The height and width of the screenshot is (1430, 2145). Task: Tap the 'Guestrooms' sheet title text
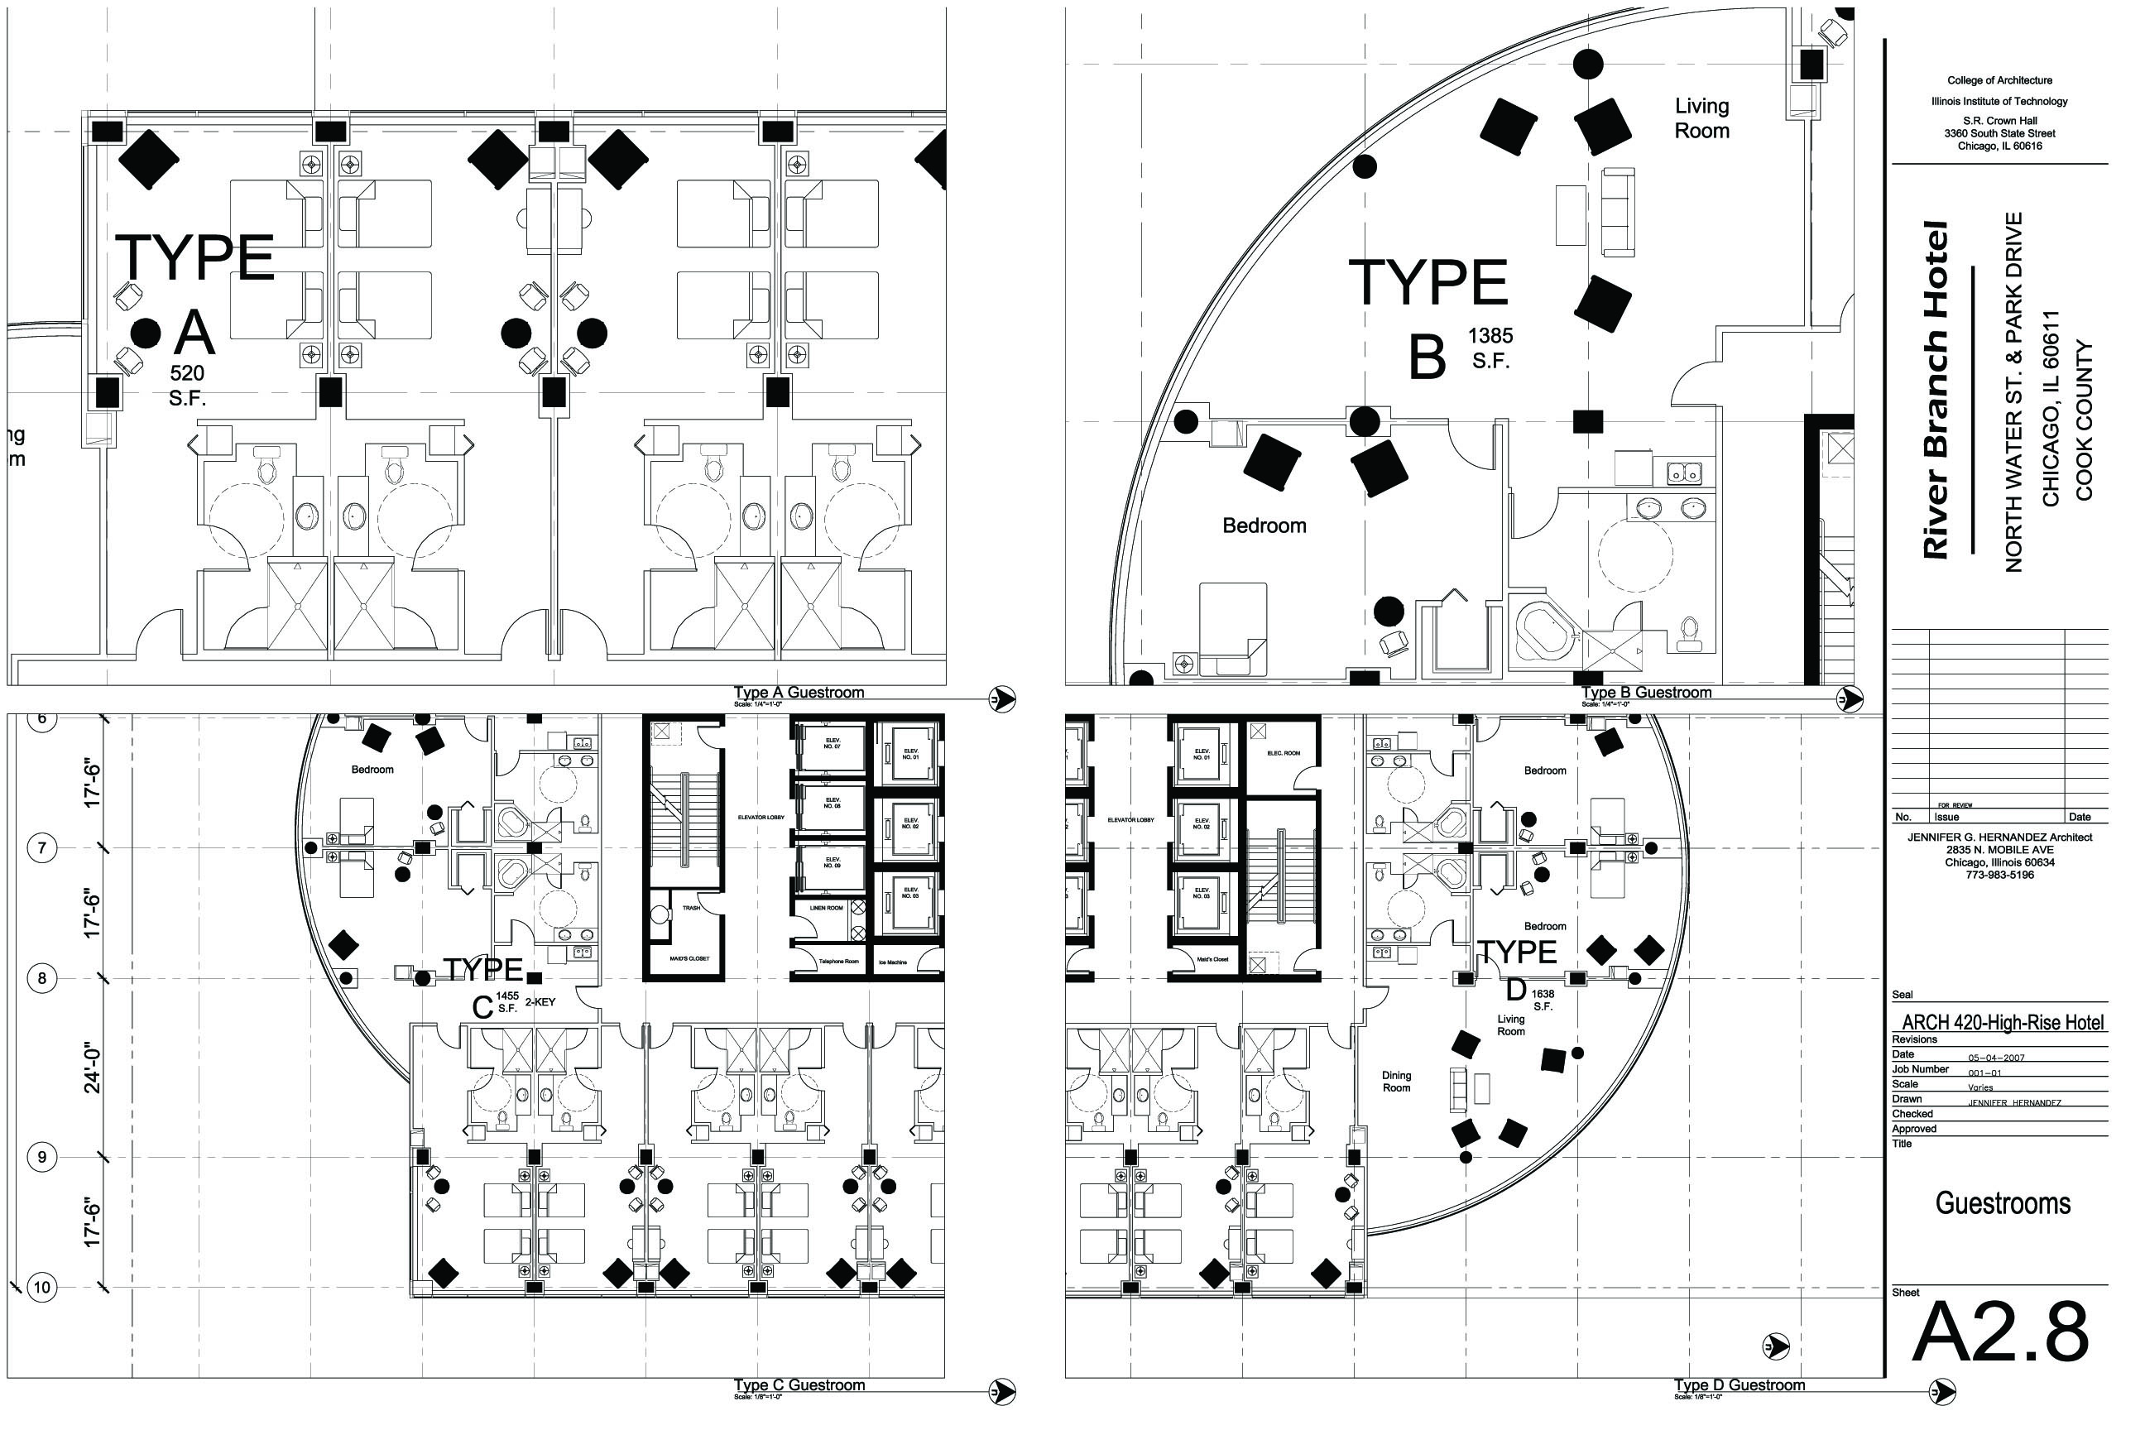[x=2002, y=1205]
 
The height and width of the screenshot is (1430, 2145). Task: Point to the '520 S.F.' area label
[x=187, y=385]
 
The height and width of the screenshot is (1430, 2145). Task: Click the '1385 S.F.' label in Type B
[x=1490, y=348]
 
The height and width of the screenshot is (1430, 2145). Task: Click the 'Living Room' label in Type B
[x=1701, y=118]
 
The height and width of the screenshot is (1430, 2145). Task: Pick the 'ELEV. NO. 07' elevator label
[x=832, y=742]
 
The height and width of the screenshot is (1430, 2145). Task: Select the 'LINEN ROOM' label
[x=825, y=909]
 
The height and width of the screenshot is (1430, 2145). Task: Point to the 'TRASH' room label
[x=691, y=909]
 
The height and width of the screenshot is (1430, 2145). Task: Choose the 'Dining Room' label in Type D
[x=1395, y=1082]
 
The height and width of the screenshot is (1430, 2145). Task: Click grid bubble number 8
[x=42, y=978]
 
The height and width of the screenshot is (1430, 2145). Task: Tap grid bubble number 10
[x=42, y=1288]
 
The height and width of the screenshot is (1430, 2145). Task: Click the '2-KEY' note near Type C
[x=540, y=1002]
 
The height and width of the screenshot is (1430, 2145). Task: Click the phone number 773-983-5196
[x=1999, y=875]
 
